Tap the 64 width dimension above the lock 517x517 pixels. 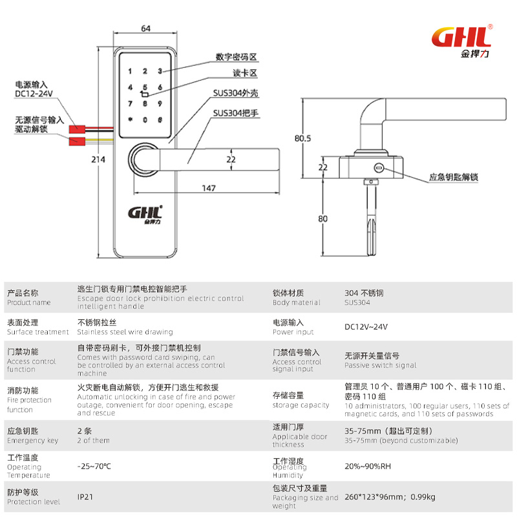pyautogui.click(x=145, y=28)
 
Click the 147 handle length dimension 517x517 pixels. pyautogui.click(x=208, y=188)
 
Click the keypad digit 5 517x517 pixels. pyautogui.click(x=145, y=89)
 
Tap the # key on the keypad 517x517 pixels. pyautogui.click(x=159, y=119)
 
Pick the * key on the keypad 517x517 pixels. pyautogui.click(x=131, y=119)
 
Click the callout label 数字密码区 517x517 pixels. pyautogui.click(x=237, y=58)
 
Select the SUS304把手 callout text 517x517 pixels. pyautogui.click(x=236, y=112)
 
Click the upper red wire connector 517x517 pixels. pyautogui.click(x=76, y=129)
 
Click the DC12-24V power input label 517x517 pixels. pyautogui.click(x=33, y=93)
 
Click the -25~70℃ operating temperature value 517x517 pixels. pyautogui.click(x=94, y=465)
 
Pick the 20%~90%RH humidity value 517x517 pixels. pyautogui.click(x=368, y=466)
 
